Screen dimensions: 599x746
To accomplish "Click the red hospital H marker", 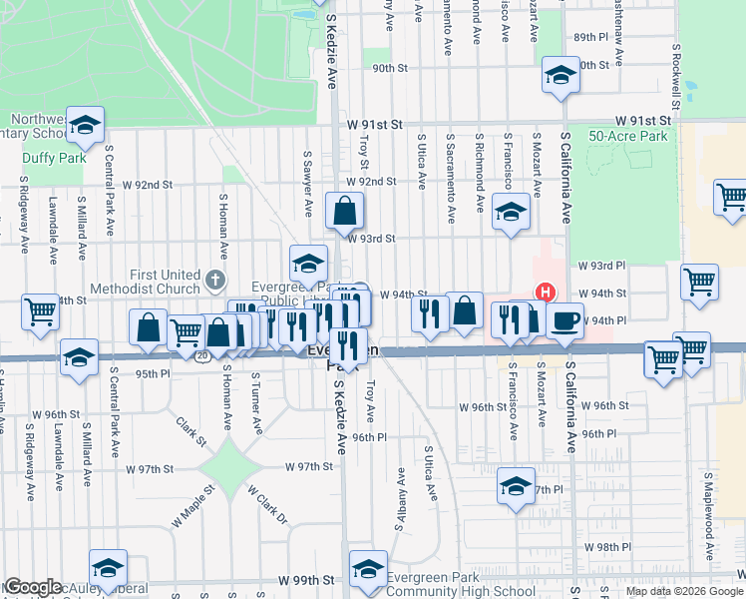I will click(545, 293).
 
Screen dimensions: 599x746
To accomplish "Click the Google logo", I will click(32, 587).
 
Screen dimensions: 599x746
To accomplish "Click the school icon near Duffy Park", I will click(87, 125).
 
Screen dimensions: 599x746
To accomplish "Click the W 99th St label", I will click(306, 580).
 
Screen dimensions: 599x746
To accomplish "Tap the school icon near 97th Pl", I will click(515, 486).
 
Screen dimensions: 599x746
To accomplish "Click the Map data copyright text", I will click(684, 591).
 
